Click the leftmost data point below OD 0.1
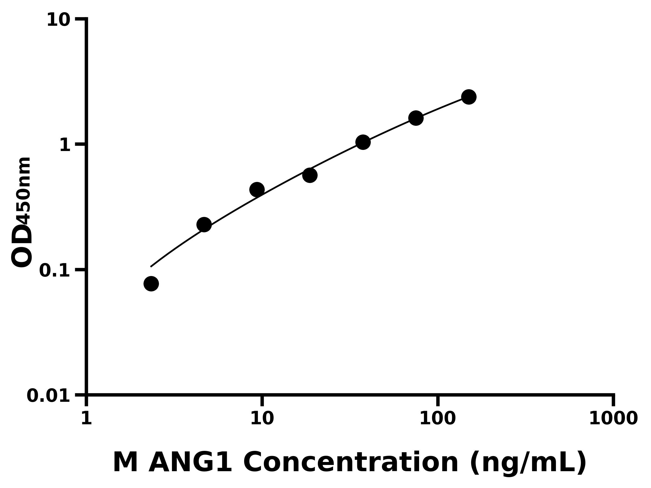point(151,284)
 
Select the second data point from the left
point(204,225)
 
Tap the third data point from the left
point(257,190)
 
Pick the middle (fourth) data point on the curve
point(310,175)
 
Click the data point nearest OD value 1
point(363,142)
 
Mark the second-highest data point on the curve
point(416,118)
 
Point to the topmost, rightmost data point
point(469,97)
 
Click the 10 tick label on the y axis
point(59,21)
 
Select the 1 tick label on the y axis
point(65,145)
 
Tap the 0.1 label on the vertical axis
point(55,271)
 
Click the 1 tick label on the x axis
point(86,418)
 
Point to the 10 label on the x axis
point(262,418)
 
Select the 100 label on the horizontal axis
point(438,418)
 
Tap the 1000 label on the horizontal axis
point(613,418)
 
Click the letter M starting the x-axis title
point(125,463)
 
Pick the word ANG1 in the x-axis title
point(190,463)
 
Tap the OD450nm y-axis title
point(21,212)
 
